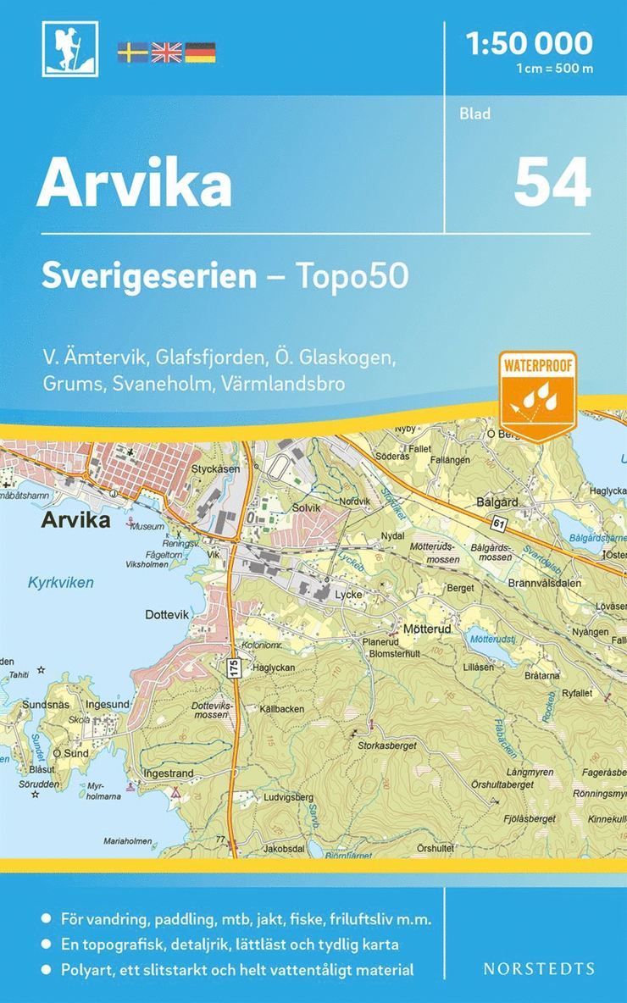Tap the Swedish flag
pos(132,52)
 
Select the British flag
pos(166,52)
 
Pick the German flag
pos(200,52)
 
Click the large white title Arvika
pos(134,184)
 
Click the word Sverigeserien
pos(149,277)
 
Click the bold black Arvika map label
pos(75,520)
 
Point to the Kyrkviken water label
pos(60,583)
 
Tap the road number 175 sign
pos(234,668)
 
